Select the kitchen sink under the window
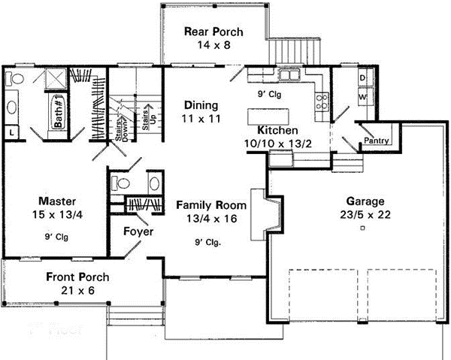[289, 74]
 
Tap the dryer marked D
[362, 78]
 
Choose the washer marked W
[362, 97]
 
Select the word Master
[55, 201]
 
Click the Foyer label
[138, 231]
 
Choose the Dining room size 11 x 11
[200, 119]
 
